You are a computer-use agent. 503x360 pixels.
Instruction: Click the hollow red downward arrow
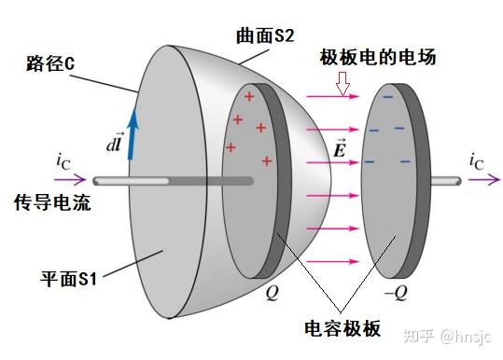tap(342, 85)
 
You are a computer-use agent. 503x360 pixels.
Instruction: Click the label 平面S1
tap(71, 278)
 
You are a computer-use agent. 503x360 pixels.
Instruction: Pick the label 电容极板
tap(343, 329)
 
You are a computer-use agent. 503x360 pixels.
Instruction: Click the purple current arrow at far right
tap(482, 181)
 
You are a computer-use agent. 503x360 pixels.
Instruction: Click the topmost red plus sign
tap(248, 97)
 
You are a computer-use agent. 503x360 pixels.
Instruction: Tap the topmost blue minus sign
tap(386, 95)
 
